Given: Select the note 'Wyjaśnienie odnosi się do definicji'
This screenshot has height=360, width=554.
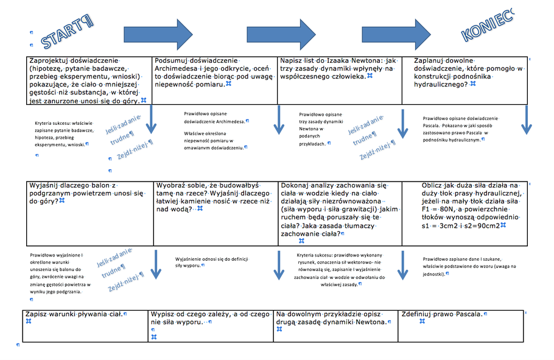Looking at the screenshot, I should tap(213, 262).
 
